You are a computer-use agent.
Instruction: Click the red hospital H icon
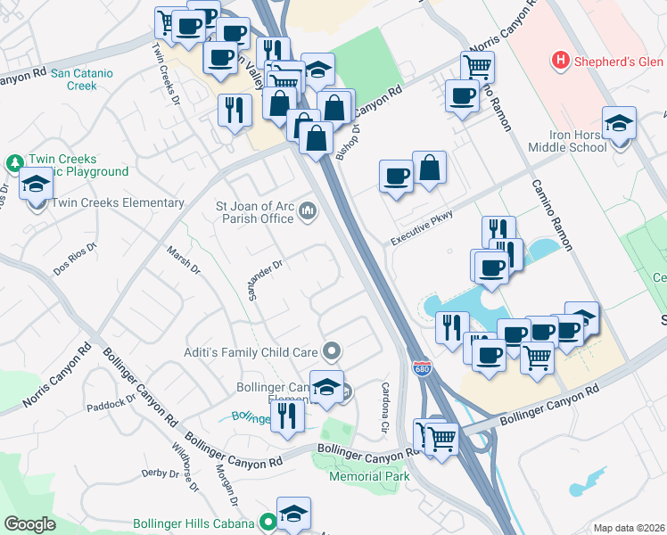pos(560,61)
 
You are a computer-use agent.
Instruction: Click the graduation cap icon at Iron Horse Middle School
pos(619,123)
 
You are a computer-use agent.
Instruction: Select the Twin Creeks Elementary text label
pos(118,203)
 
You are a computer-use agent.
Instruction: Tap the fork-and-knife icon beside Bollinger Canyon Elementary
pos(287,415)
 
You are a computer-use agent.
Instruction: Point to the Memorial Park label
pos(369,476)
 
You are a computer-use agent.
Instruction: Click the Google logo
pos(30,523)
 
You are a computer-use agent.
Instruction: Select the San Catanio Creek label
pos(86,80)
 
